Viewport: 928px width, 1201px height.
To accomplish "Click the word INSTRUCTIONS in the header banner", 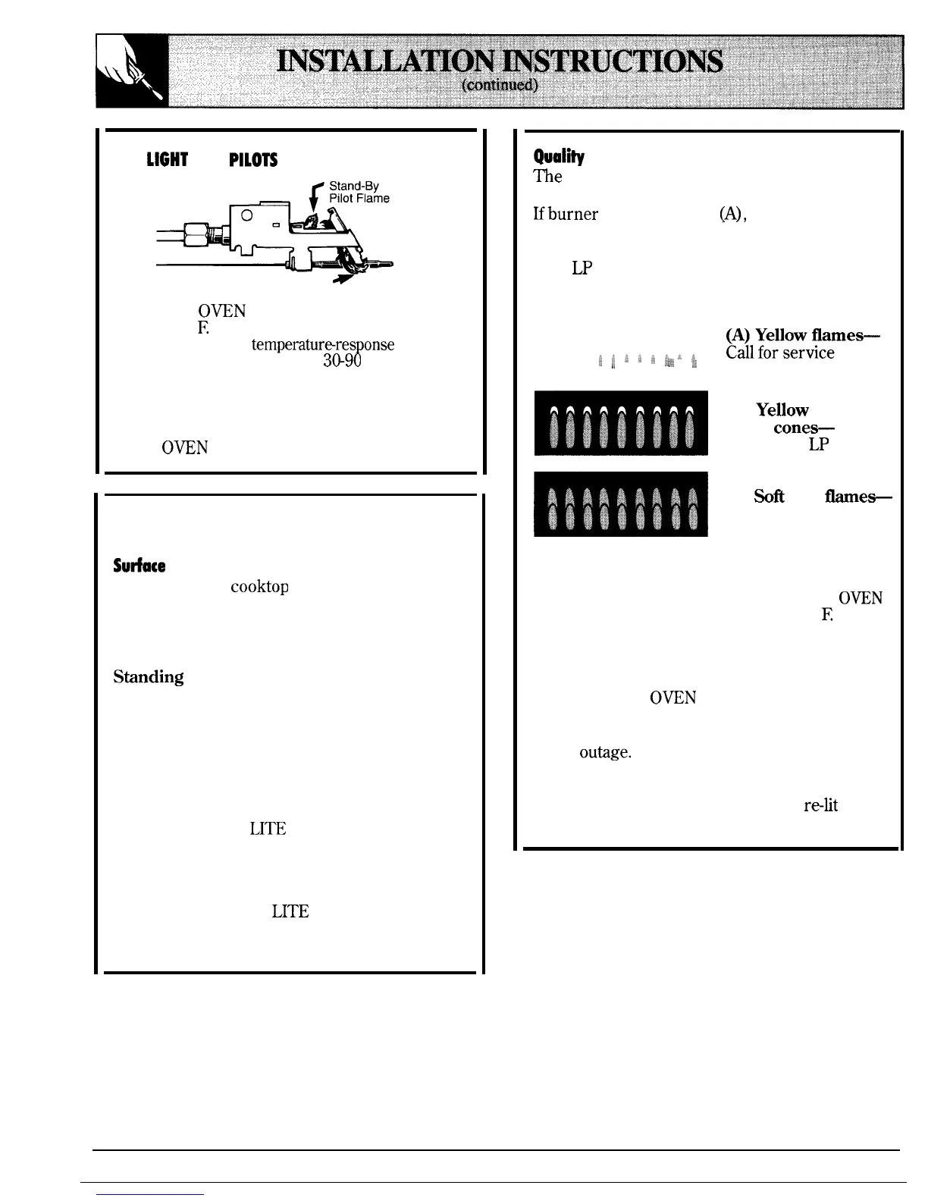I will (613, 61).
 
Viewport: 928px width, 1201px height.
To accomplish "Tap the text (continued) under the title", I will (500, 84).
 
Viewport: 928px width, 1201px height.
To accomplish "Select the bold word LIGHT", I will (167, 160).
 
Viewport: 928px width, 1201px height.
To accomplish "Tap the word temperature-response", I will (322, 345).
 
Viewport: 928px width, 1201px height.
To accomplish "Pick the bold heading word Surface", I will (139, 566).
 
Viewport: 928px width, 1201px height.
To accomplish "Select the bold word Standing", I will (149, 676).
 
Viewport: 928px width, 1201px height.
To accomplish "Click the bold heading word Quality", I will (560, 157).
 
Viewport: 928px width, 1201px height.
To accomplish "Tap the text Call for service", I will (780, 353).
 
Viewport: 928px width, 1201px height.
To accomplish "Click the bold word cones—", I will (804, 428).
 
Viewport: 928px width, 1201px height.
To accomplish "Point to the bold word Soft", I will (769, 497).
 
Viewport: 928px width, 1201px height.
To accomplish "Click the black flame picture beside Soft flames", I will (621, 503).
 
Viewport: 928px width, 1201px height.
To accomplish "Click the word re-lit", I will (820, 805).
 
